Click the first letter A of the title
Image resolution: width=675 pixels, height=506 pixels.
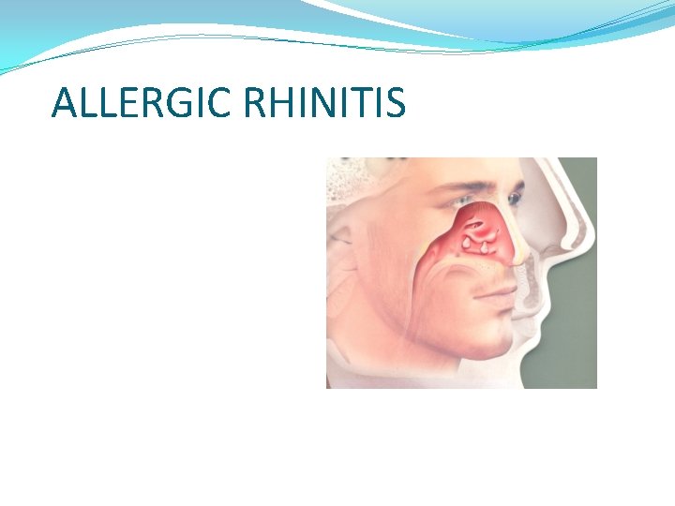(x=65, y=103)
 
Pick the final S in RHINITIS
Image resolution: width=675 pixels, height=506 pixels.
(x=396, y=103)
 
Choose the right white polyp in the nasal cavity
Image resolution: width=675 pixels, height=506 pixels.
(x=487, y=247)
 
